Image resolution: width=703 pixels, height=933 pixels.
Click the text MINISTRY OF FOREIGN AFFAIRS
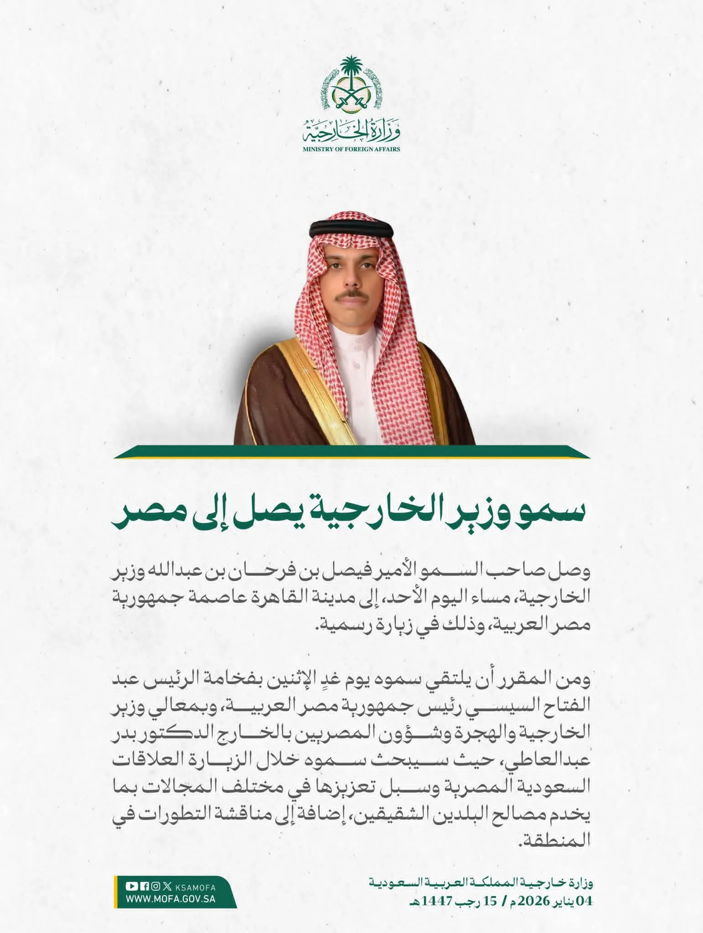[x=351, y=149]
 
